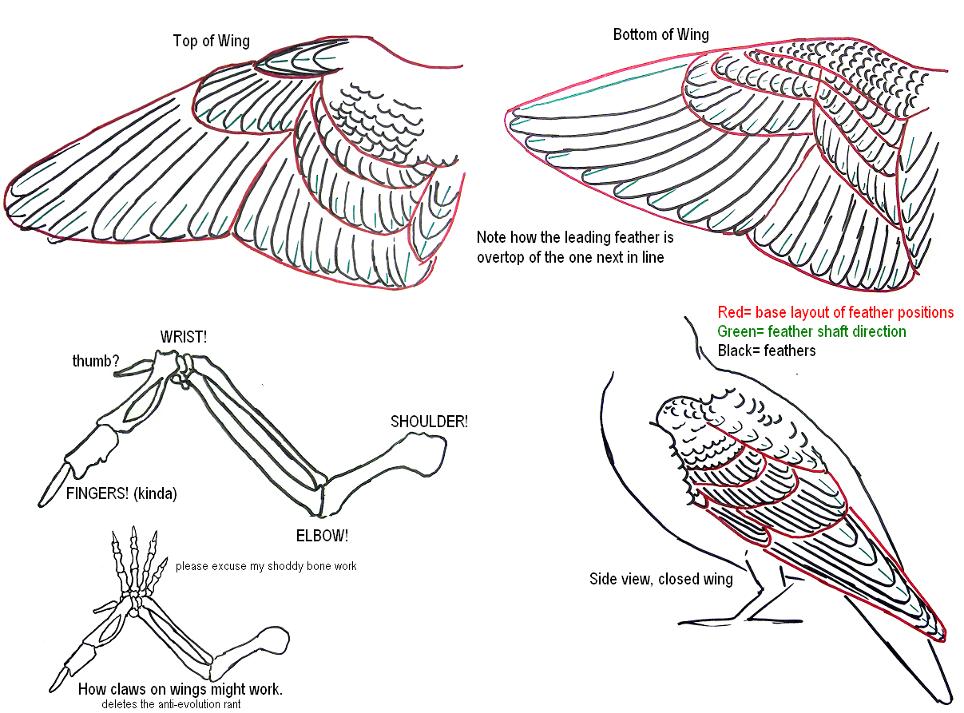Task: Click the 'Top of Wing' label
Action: tap(211, 41)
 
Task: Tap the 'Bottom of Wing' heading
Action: tap(661, 34)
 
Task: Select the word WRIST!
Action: tap(183, 337)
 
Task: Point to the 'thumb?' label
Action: tap(95, 362)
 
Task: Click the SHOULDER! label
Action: tap(428, 421)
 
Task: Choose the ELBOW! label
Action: tap(321, 534)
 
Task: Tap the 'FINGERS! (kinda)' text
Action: tap(121, 493)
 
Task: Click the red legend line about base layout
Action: tap(835, 312)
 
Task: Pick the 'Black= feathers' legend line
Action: tap(766, 351)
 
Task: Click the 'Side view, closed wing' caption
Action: tap(661, 579)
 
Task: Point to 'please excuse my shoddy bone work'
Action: tap(266, 566)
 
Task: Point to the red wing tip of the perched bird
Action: tap(943, 636)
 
